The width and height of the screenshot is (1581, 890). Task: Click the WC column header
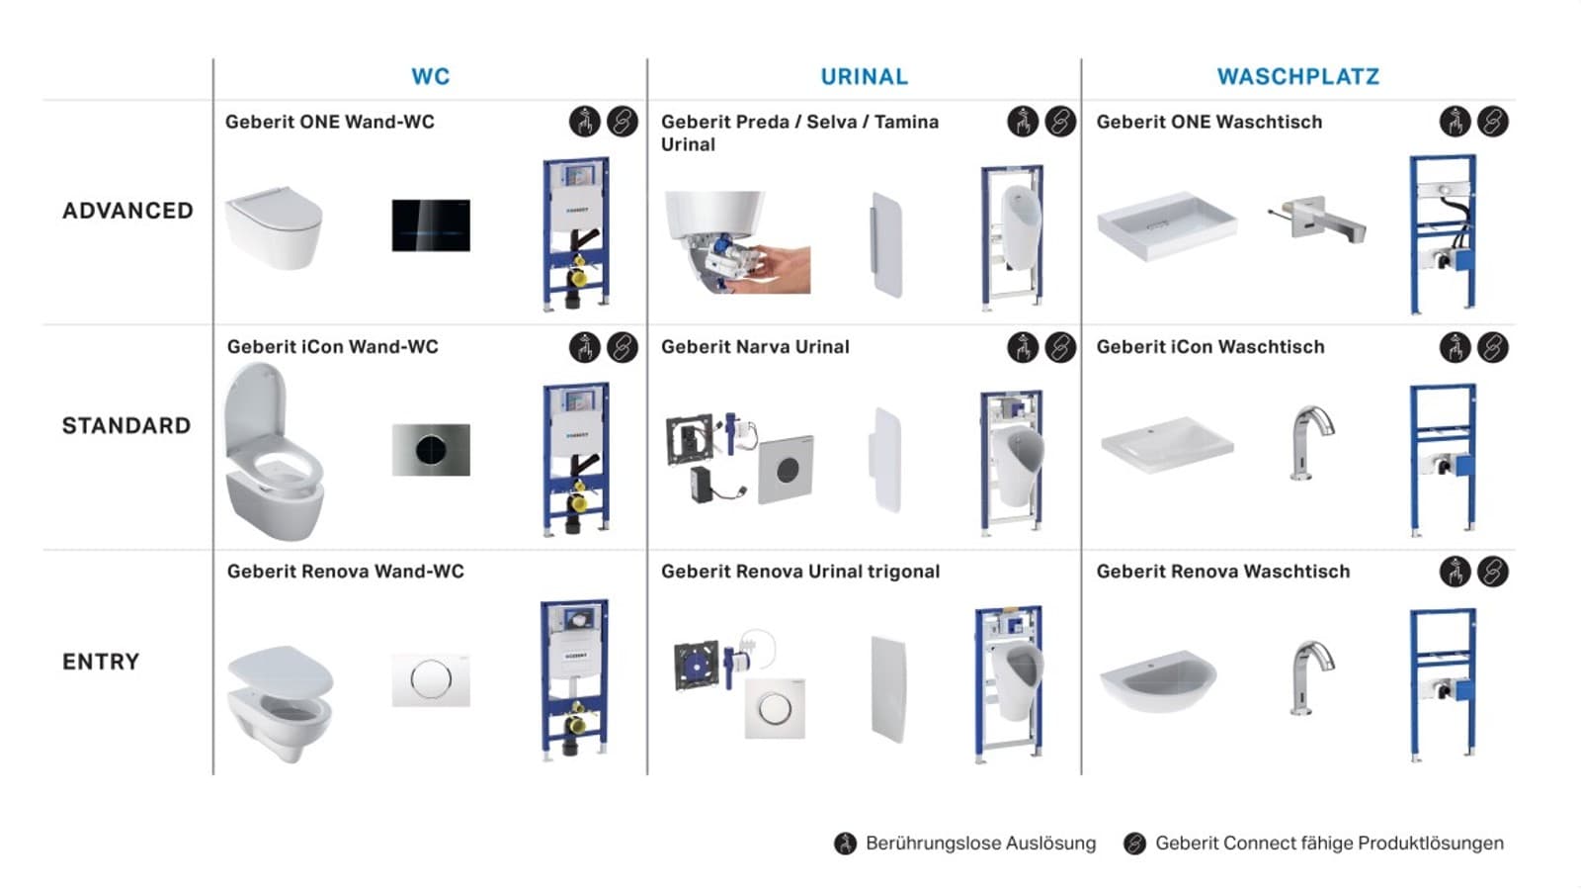(431, 76)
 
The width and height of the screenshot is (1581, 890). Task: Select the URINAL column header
(865, 76)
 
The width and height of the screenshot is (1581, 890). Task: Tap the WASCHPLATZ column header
(1298, 76)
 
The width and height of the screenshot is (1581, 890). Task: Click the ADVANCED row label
(127, 211)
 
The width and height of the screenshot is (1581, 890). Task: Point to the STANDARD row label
(126, 425)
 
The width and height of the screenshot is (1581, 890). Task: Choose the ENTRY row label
(101, 662)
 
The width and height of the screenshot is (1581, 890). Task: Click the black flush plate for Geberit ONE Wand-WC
(431, 225)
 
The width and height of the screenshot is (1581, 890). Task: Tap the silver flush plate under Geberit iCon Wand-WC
(431, 450)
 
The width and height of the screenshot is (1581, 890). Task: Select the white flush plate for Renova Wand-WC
(431, 679)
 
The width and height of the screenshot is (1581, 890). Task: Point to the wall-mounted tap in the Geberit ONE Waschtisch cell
(1317, 220)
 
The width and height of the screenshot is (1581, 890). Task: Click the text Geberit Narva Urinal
(755, 347)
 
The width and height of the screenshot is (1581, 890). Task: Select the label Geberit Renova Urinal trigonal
(800, 572)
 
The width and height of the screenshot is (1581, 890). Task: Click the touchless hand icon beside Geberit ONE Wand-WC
(584, 122)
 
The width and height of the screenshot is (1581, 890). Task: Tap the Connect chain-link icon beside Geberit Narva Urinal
(1060, 347)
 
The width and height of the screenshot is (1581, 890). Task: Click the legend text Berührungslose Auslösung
(981, 844)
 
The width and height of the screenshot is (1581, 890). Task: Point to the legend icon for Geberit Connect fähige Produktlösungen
(1135, 844)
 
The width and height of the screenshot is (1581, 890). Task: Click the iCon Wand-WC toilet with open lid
(274, 452)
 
